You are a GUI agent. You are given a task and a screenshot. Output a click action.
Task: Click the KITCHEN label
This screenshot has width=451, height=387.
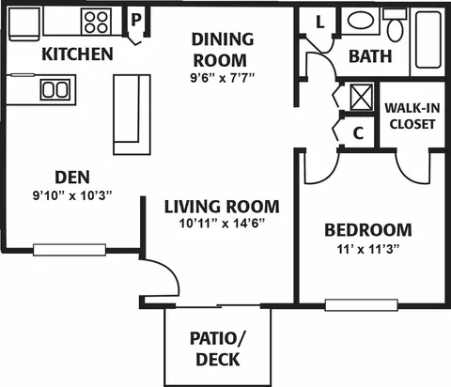77,54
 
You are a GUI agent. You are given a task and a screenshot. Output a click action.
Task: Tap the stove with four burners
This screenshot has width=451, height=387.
97,22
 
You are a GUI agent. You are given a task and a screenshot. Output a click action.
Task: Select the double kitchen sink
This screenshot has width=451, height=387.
55,89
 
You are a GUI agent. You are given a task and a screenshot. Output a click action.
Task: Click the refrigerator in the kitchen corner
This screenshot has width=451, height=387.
24,24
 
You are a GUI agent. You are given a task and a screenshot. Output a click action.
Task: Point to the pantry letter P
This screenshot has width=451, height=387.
135,20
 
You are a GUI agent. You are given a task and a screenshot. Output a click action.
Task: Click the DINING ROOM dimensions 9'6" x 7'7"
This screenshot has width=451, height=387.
223,77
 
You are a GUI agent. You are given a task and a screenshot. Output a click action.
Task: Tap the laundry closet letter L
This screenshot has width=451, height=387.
319,22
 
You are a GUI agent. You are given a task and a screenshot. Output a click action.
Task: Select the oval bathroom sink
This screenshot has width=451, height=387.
361,21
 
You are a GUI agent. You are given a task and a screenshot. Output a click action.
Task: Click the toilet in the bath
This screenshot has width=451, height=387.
396,25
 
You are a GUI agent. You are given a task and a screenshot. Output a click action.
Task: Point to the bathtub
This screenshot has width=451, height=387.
428,39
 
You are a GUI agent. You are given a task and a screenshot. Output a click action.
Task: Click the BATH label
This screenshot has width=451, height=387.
370,56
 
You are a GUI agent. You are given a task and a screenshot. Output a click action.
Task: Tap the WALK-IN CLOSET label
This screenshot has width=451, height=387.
412,116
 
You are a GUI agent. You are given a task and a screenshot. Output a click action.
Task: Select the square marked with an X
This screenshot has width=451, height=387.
362,97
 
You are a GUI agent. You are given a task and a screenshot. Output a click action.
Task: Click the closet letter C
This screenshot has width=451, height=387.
358,133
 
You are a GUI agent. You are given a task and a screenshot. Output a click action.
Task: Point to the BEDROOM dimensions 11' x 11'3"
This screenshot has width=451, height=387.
368,250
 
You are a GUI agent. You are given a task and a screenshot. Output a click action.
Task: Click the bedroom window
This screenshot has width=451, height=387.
362,305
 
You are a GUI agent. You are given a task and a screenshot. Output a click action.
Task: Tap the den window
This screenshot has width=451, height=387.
70,250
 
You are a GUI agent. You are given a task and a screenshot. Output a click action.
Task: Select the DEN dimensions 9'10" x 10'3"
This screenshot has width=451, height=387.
72,196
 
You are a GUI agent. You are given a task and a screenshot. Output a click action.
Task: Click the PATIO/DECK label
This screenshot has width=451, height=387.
218,348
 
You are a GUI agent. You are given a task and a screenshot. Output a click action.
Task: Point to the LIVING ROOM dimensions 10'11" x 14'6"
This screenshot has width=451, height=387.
223,224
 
